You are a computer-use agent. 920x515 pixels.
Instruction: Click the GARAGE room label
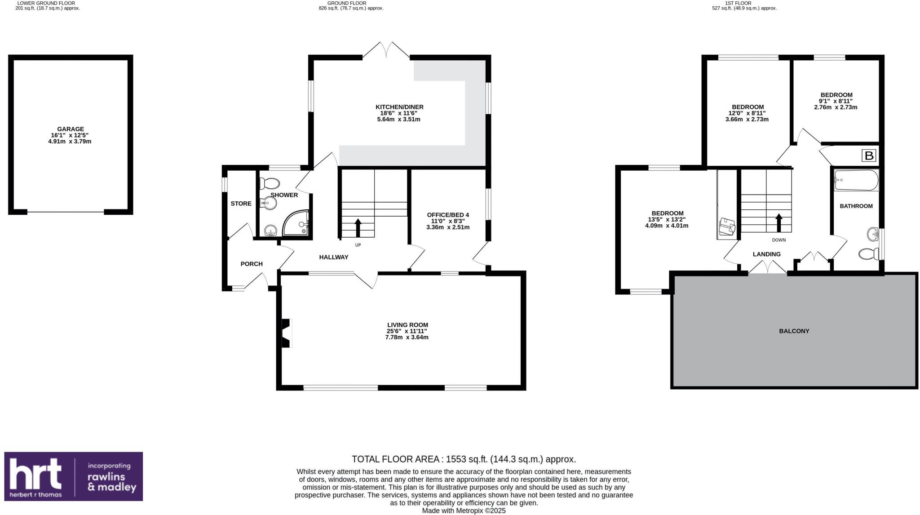coord(70,129)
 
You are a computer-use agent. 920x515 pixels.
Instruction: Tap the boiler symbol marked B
coord(869,156)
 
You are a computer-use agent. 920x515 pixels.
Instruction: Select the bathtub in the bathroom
coord(856,180)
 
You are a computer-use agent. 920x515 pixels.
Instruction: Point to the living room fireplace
coord(286,333)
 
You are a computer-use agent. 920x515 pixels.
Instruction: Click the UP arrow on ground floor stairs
coord(358,227)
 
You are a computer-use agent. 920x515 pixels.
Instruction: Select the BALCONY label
coord(794,331)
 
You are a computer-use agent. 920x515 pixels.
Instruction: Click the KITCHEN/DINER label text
coord(399,107)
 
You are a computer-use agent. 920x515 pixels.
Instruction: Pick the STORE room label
coord(241,204)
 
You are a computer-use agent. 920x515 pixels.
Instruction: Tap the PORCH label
coord(252,264)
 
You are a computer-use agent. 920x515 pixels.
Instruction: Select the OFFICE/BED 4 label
coord(447,215)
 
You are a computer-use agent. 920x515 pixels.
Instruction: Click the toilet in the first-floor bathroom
coord(868,254)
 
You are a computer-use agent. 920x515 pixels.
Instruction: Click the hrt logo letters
coord(36,475)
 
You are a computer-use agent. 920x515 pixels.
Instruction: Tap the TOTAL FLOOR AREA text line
coord(463,459)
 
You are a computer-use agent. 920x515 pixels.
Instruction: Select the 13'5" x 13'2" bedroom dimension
coord(667,219)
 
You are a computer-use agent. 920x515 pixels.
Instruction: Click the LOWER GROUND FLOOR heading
coord(46,3)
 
